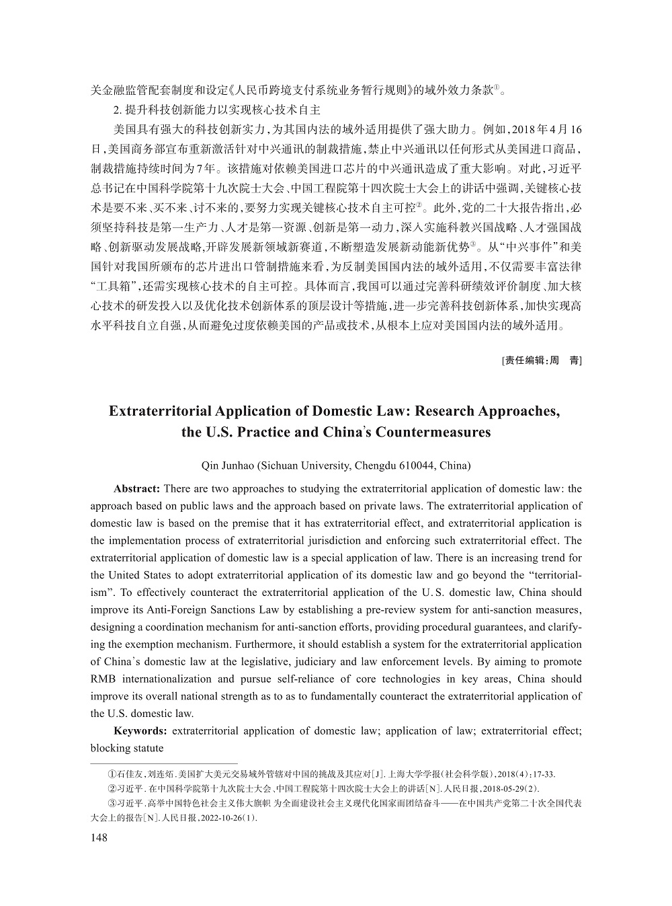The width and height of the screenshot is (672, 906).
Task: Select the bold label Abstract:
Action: (136, 489)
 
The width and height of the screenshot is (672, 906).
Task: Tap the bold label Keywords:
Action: (140, 730)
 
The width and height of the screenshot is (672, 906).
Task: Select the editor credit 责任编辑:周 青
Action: (542, 361)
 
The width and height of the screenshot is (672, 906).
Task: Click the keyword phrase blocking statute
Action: (127, 748)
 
